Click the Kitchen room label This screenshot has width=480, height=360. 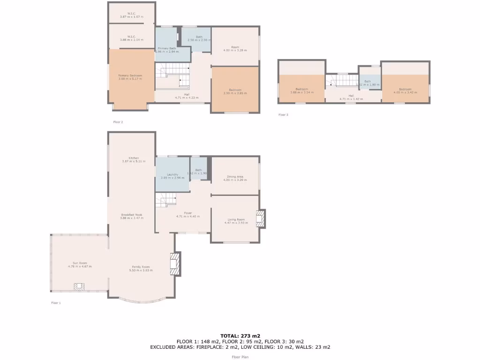(134, 158)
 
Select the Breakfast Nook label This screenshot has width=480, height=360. (131, 215)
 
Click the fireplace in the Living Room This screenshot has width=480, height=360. (260, 219)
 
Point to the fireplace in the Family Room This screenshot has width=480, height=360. (175, 264)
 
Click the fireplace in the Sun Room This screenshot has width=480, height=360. (79, 287)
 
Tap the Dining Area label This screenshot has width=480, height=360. (235, 176)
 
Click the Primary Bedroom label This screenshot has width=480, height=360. (130, 75)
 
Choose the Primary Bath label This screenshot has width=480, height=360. (167, 48)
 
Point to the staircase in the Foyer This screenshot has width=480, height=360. (168, 202)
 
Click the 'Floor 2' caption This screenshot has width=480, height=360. (118, 122)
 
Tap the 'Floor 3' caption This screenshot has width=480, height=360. (283, 115)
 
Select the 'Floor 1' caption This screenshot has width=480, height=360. (56, 303)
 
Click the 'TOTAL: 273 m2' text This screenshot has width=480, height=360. (240, 336)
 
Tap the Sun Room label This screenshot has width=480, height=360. (80, 263)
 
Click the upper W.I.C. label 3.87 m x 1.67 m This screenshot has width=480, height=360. (131, 17)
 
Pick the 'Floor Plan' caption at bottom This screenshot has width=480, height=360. (240, 357)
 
